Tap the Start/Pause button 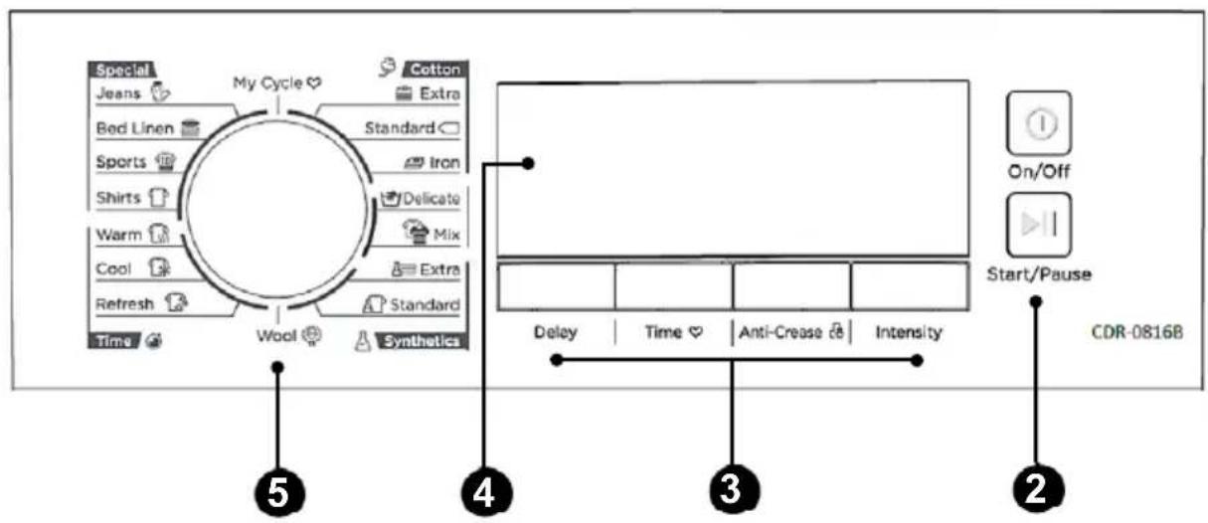coord(1039,225)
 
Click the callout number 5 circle coord(278,493)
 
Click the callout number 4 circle coord(486,493)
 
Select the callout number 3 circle coord(734,489)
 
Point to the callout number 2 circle coord(1038,489)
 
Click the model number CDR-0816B coord(1136,331)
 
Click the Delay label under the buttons coord(555,332)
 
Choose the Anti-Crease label coord(780,332)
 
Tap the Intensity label coord(909,333)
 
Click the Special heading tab coord(122,70)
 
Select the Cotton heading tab coord(435,69)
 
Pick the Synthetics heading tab coord(422,341)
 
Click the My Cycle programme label coord(267,84)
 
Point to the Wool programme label coord(276,336)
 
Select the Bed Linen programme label coord(135,128)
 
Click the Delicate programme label coord(431,199)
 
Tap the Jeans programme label coord(118,93)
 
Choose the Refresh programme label coord(124,304)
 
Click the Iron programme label coord(444,162)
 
